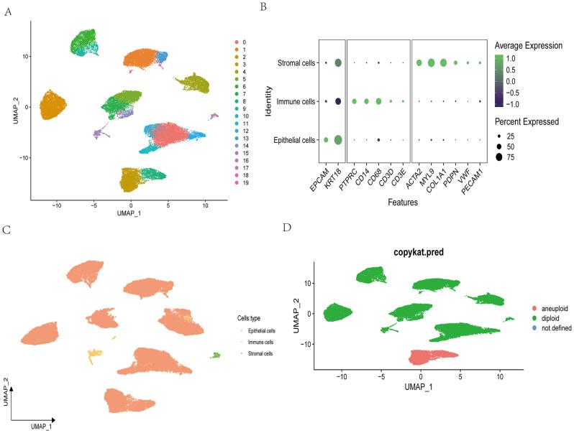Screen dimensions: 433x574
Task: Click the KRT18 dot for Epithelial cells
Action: [x=338, y=140]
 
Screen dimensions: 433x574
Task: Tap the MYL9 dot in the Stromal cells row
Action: [x=431, y=63]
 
